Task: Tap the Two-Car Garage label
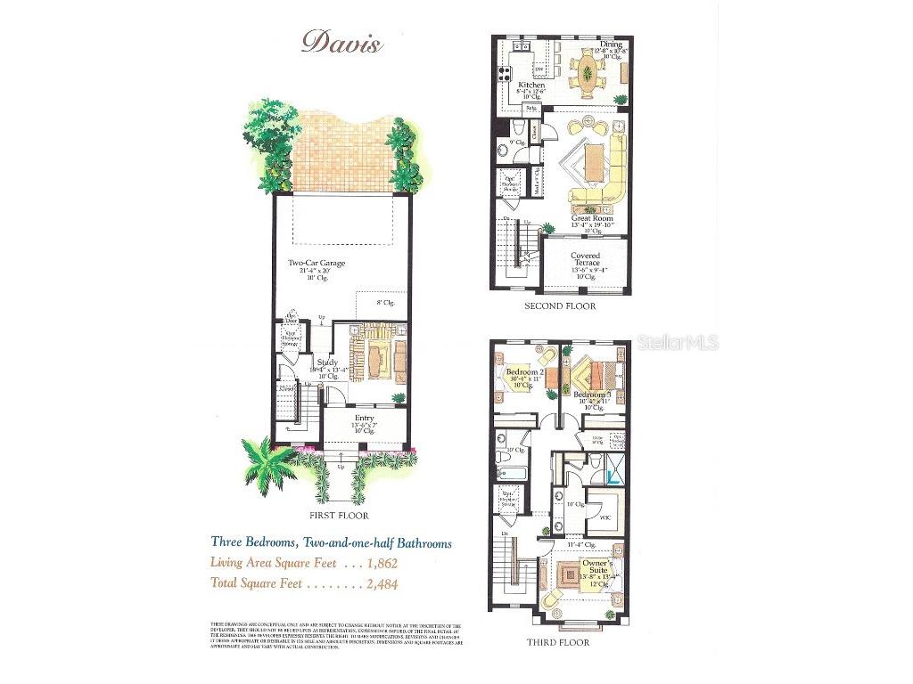(317, 264)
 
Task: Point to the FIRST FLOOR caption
(339, 515)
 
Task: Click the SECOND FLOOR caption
(561, 306)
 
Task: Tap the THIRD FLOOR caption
(559, 641)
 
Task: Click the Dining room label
(610, 45)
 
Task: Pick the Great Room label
(591, 217)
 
